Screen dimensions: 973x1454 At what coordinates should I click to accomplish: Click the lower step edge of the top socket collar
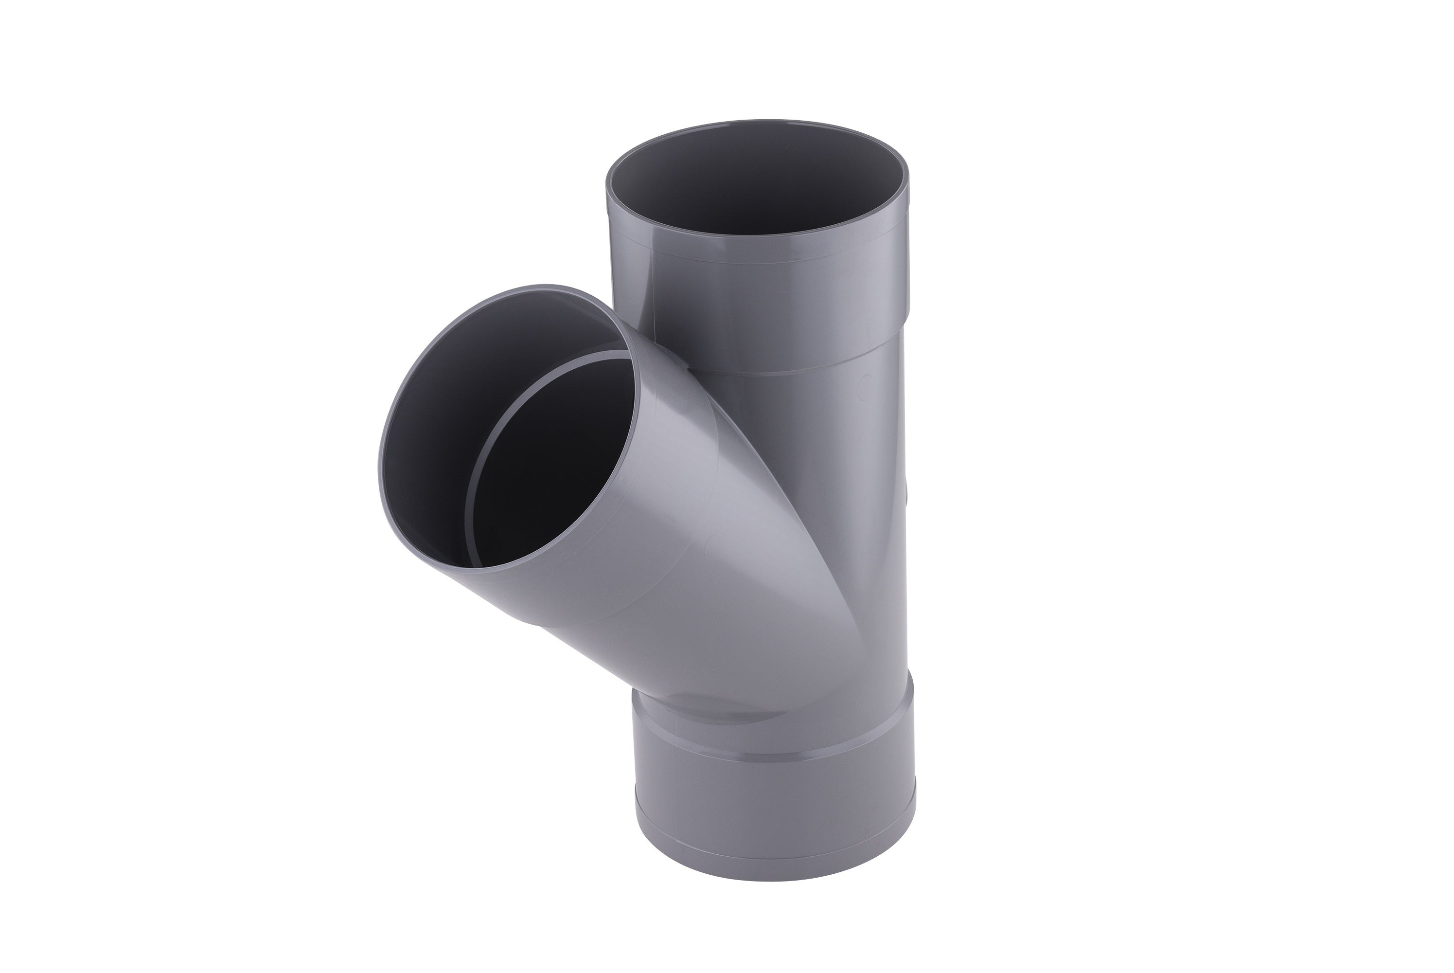[806, 371]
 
